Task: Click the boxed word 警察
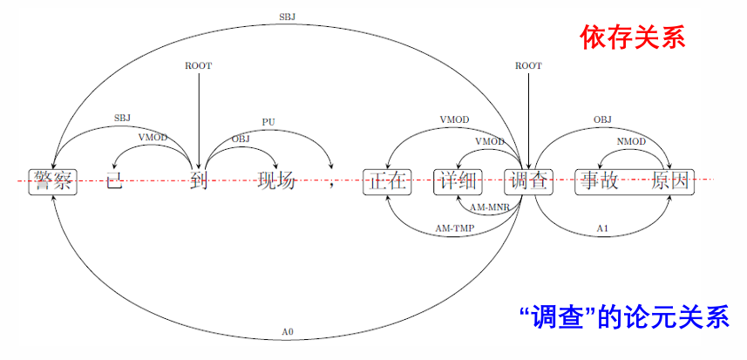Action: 53,181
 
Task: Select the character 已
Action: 115,181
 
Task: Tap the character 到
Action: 199,181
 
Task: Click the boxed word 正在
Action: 387,181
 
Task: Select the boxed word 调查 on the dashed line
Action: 528,181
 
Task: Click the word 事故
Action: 600,181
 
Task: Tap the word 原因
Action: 671,181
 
